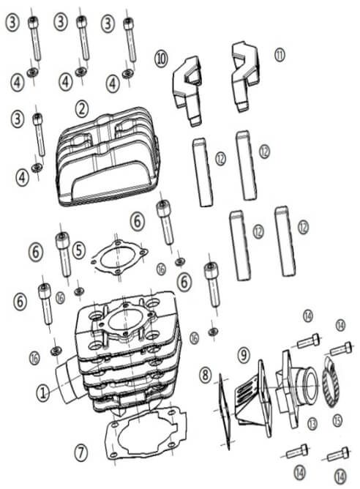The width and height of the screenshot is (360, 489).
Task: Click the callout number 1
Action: point(42,392)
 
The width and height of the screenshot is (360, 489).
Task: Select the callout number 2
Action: point(82,109)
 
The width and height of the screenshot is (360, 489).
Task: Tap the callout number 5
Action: point(79,250)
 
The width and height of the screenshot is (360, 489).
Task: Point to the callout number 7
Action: point(81,452)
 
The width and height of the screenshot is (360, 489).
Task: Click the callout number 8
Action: point(205,374)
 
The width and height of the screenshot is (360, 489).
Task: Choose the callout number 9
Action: point(244,355)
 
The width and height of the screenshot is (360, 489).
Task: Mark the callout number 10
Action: point(161,59)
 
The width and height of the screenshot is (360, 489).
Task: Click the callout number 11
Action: point(280,55)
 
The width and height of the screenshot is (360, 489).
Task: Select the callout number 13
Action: point(312,423)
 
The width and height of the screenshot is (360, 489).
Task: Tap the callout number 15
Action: point(337,420)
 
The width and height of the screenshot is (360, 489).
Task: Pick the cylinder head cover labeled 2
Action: point(108,157)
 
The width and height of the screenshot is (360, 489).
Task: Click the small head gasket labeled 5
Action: point(119,257)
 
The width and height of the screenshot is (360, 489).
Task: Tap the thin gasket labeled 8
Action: point(225,412)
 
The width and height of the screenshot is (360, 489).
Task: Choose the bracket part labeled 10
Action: point(187,91)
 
